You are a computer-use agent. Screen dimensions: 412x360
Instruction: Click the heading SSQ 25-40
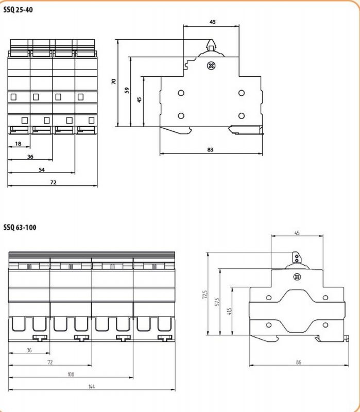click(18, 9)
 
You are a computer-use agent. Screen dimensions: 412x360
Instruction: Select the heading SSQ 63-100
click(20, 227)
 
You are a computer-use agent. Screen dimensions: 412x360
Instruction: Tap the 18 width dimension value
click(19, 144)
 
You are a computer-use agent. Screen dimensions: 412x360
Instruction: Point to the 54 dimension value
click(41, 169)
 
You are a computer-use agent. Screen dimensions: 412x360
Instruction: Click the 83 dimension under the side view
click(210, 150)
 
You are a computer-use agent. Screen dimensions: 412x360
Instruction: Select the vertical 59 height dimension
click(127, 90)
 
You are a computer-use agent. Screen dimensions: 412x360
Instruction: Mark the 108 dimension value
click(70, 374)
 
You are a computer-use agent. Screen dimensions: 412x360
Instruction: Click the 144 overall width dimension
click(91, 387)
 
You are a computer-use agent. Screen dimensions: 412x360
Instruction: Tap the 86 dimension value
click(298, 363)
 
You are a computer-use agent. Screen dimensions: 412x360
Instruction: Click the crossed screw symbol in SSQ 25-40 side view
click(210, 65)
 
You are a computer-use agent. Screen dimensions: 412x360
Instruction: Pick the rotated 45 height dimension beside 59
click(139, 99)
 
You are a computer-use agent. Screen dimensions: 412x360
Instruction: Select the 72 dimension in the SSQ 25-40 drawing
click(53, 182)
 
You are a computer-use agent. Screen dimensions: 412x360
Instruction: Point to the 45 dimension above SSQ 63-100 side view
click(297, 233)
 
